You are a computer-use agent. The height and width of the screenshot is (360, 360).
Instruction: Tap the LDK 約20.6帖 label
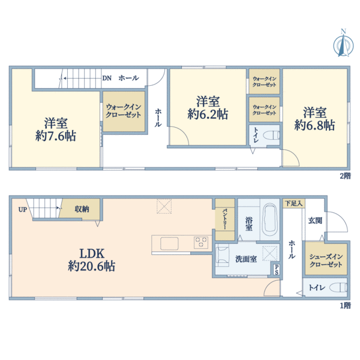point(92,260)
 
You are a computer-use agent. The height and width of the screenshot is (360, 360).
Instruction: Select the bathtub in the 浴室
point(270,220)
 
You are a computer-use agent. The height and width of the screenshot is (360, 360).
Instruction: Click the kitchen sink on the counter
point(169,244)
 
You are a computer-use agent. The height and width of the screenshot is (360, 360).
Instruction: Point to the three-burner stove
point(201,242)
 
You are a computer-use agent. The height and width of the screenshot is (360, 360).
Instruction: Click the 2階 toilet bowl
point(272,135)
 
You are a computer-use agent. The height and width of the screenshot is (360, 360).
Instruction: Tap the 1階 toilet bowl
point(338,287)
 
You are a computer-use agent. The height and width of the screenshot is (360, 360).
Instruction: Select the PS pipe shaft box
point(276,269)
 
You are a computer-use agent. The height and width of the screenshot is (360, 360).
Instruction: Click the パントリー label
point(224,219)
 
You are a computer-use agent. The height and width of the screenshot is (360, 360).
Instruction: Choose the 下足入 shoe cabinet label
point(294,203)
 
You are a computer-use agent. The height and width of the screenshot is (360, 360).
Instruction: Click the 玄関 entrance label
point(315,221)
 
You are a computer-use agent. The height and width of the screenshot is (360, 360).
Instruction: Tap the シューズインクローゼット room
point(326,259)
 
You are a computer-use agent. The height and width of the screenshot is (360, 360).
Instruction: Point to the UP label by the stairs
point(23,209)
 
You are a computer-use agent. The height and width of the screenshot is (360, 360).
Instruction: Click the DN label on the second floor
point(107,78)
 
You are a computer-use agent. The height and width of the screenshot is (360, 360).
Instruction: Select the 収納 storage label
point(82,209)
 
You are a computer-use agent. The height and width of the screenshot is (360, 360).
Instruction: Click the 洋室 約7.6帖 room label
point(56,130)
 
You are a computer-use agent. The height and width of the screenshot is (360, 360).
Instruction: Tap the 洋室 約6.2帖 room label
point(208,108)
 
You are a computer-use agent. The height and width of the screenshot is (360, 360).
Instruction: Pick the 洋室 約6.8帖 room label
point(314,119)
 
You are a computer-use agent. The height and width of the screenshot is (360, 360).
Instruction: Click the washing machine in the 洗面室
point(222,254)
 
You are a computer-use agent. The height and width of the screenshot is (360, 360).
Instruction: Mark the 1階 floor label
point(345,305)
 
